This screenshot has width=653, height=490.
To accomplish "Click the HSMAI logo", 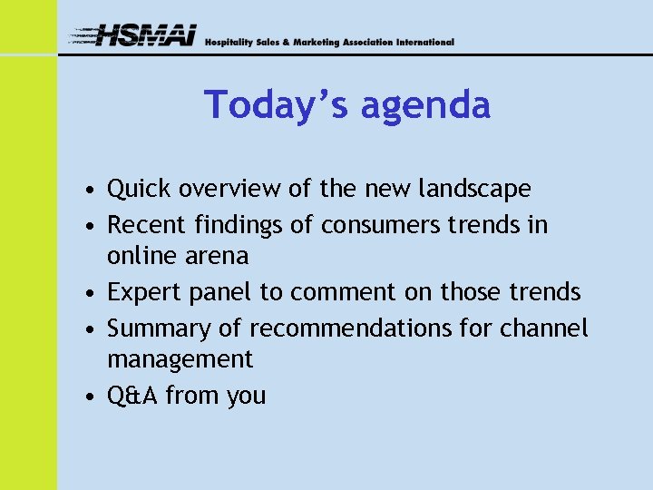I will point(134,36).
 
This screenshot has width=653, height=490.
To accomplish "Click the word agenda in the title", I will point(425,106).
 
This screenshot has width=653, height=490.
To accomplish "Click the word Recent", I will point(143,224).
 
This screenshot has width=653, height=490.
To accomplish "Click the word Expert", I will point(142,293).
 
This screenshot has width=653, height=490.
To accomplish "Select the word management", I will point(180,360).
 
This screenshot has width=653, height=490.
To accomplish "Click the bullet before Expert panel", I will point(83,294).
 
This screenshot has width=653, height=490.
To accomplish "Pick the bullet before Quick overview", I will point(83,191).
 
